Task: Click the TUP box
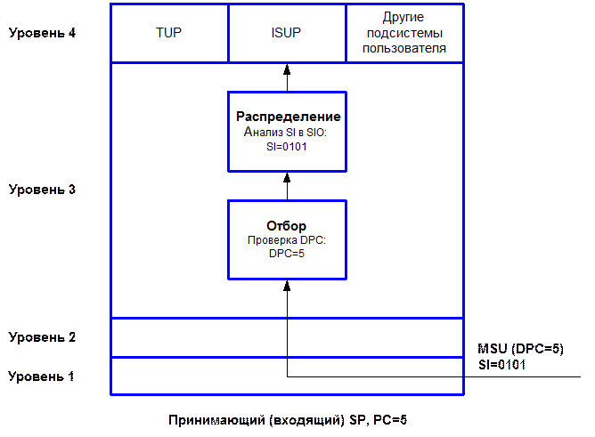[169, 34]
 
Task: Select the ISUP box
[287, 34]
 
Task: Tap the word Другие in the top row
[405, 18]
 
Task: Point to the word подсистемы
[405, 33]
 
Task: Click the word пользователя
[405, 48]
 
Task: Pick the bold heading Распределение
[287, 117]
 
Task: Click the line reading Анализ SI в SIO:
[287, 132]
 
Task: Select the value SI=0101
[287, 146]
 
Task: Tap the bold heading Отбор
[287, 225]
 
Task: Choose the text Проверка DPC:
[287, 240]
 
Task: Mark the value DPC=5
[287, 254]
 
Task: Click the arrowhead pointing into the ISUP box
[287, 68]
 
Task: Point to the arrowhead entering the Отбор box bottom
[287, 284]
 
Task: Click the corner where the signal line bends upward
[287, 376]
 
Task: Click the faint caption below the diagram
[287, 418]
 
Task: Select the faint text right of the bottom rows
[520, 357]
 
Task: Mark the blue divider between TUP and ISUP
[228, 34]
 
